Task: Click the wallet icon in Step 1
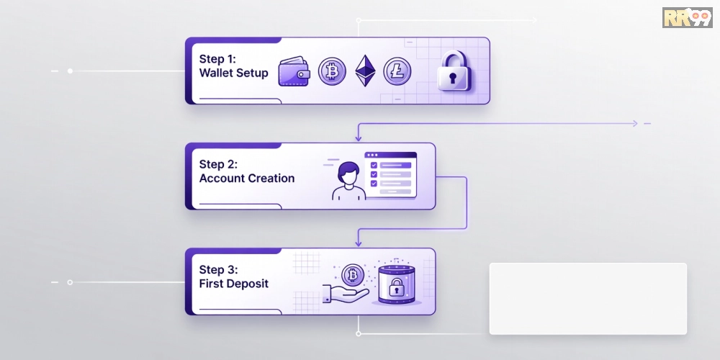[294, 71]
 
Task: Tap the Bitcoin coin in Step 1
[331, 71]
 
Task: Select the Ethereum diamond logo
[365, 71]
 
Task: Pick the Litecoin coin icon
[397, 71]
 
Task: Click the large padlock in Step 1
[454, 71]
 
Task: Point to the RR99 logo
[688, 17]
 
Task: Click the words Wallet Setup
[234, 73]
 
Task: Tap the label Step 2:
[219, 164]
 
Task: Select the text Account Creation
[247, 178]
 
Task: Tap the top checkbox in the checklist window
[373, 165]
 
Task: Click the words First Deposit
[234, 284]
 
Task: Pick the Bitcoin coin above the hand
[353, 276]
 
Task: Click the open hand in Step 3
[346, 294]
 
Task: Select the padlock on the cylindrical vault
[396, 288]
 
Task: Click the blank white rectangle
[588, 299]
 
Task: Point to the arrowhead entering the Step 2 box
[358, 138]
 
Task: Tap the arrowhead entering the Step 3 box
[358, 243]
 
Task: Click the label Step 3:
[219, 269]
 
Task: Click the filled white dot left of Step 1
[70, 71]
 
